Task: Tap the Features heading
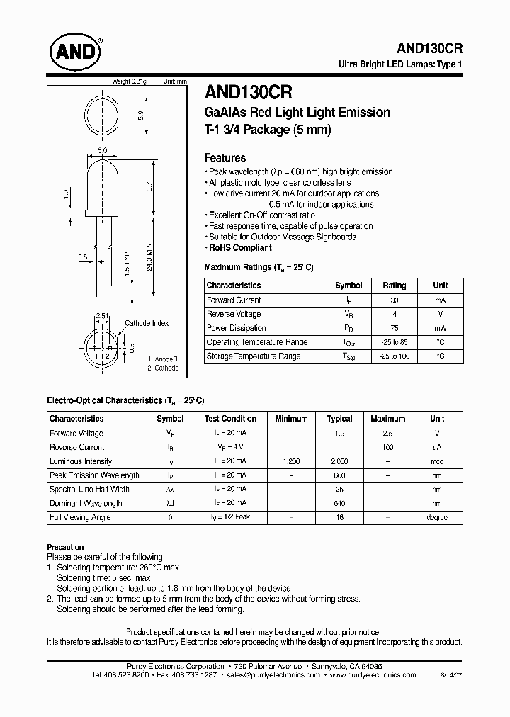225,158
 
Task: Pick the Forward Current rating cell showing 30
395,300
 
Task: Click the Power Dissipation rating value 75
395,328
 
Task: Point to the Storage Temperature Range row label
253,356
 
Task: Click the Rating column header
395,286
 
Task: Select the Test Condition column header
230,419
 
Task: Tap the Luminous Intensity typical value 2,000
340,461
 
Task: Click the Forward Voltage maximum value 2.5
387,433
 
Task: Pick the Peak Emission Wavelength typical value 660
340,475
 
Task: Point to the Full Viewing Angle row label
81,517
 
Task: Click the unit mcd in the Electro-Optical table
437,461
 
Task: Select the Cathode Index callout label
147,323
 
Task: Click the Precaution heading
65,547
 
